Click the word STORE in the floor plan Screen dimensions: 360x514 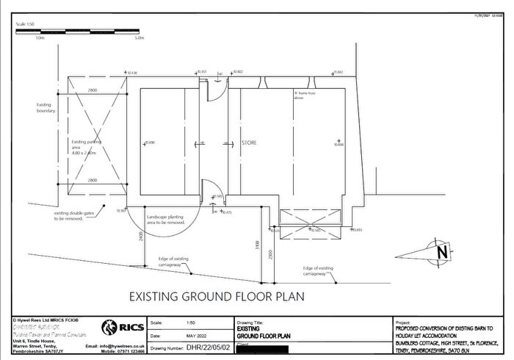tap(250, 143)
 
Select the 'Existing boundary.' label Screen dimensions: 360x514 tap(46, 108)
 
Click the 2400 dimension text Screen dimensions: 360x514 tap(140, 237)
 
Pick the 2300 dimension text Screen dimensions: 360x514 tap(271, 255)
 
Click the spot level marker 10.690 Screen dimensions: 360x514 tap(150, 142)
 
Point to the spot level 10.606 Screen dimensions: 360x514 tap(339, 145)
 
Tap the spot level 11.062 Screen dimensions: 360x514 tap(338, 73)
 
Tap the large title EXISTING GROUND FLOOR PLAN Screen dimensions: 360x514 tap(216, 297)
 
